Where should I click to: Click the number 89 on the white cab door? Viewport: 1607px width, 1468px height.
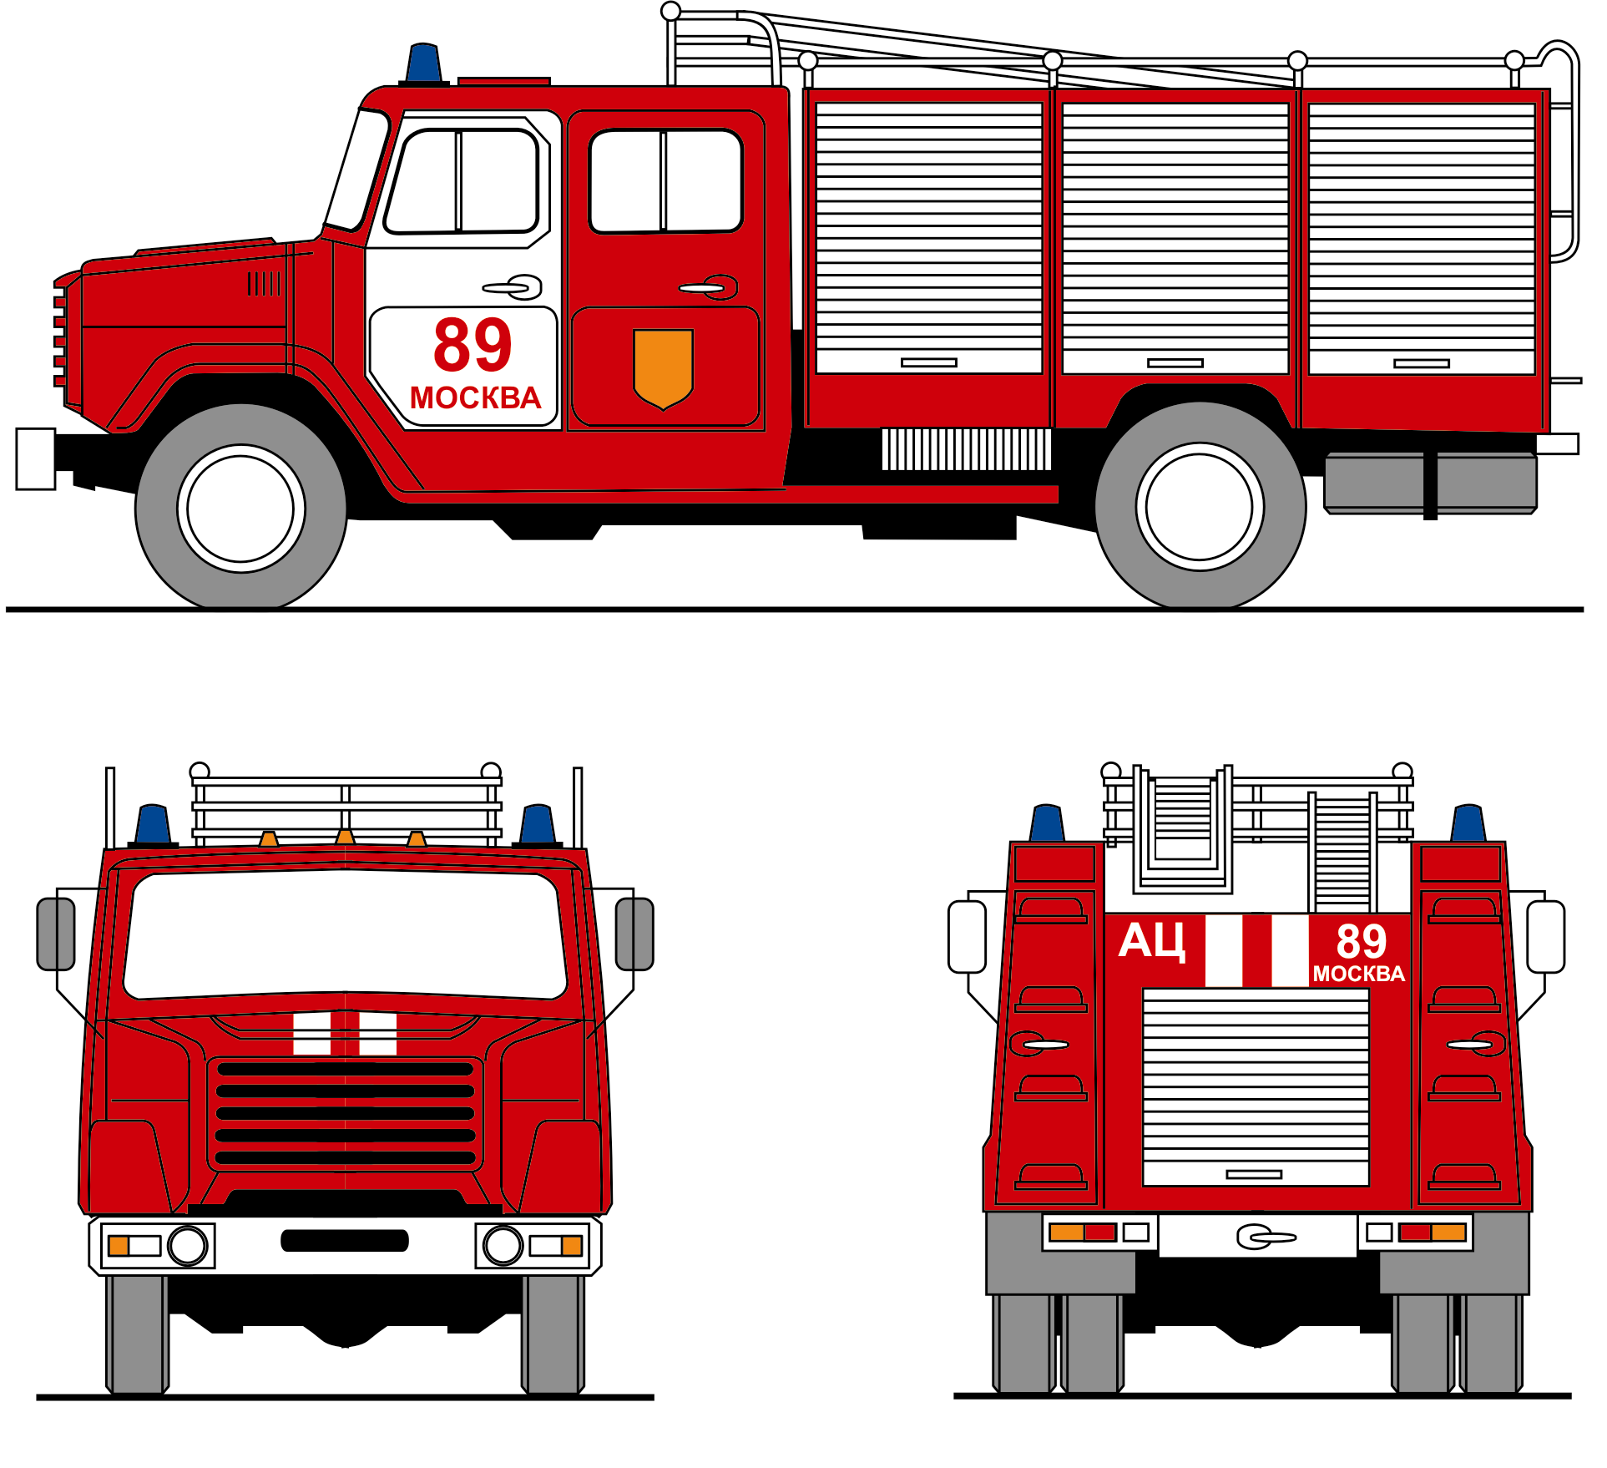pos(472,345)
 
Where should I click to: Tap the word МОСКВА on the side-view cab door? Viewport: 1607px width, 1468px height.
pos(475,398)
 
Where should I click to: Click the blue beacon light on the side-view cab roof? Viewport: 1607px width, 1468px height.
pos(424,63)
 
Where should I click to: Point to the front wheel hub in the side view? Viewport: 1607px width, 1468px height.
pos(240,509)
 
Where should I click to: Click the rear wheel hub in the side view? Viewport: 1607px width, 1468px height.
pos(1200,507)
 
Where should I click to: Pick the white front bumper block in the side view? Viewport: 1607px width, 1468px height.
pos(36,458)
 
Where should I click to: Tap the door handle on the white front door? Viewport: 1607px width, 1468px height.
pos(513,287)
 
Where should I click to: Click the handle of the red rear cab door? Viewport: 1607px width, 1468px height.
pos(709,287)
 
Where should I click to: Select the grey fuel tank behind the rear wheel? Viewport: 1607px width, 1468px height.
pos(1431,483)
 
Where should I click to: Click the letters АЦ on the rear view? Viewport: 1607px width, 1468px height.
pos(1152,942)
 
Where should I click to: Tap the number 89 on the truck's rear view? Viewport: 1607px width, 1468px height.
pos(1362,941)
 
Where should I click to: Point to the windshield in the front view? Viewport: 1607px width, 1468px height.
pos(345,934)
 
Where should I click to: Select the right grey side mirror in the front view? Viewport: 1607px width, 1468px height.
pos(634,934)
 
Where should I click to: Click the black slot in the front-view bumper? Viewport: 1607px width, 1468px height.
pos(345,1241)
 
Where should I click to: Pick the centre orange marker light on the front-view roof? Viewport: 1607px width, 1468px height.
pos(345,837)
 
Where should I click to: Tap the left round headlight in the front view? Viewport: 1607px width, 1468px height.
pos(188,1246)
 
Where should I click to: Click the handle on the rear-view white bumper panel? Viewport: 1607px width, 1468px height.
pos(1266,1237)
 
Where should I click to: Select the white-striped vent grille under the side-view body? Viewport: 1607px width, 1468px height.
pos(967,449)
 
